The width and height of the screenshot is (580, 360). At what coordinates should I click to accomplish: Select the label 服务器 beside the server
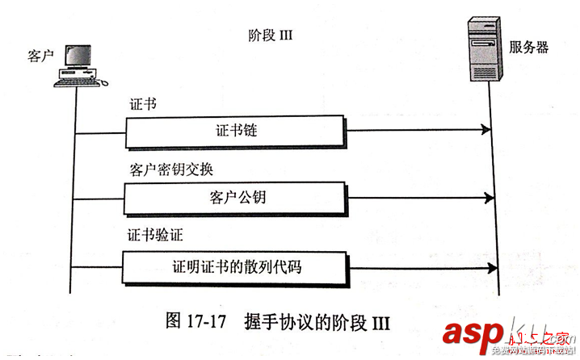pos(529,48)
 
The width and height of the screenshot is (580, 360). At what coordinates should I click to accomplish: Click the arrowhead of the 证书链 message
pos(485,130)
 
